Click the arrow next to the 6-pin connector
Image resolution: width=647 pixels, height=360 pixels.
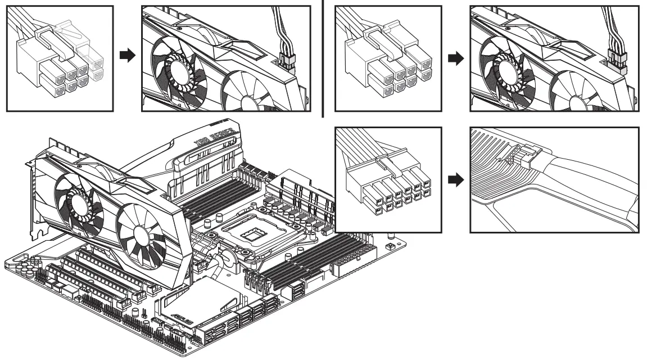(129, 57)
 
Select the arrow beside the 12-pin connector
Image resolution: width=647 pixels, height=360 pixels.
(459, 180)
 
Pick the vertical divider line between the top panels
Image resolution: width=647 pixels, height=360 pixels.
(324, 56)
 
